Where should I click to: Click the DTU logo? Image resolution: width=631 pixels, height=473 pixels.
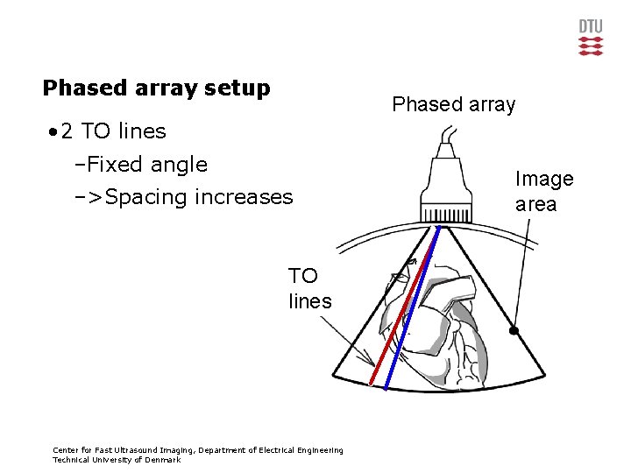tap(591, 38)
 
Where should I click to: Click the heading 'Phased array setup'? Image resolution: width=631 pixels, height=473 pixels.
tap(156, 88)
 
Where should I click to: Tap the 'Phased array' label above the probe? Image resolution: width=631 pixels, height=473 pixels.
tap(453, 104)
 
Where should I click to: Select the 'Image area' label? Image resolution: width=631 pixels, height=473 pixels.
tap(543, 191)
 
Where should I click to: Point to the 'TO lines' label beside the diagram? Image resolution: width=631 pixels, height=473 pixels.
tap(309, 288)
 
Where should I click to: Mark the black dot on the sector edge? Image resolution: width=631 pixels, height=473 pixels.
tap(515, 331)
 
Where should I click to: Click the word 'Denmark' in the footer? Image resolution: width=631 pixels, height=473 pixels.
tap(162, 460)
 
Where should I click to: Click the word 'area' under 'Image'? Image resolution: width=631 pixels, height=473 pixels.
tap(535, 204)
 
